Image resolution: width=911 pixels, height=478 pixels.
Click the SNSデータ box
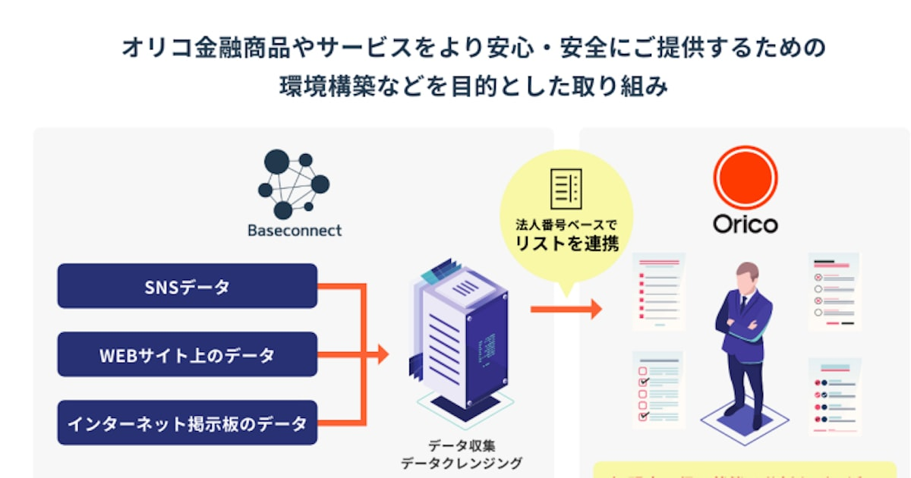pos(187,286)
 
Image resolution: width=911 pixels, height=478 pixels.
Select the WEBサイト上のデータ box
pos(187,354)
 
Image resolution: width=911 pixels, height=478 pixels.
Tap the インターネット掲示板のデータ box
pos(187,423)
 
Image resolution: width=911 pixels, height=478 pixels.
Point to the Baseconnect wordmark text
pos(295,230)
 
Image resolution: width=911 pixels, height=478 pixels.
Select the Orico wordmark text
pos(745,225)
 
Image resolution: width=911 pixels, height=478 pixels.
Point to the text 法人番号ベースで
pos(566,225)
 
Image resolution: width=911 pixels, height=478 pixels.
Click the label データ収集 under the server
pos(461,445)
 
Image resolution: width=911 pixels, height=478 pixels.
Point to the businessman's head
pos(746,274)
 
